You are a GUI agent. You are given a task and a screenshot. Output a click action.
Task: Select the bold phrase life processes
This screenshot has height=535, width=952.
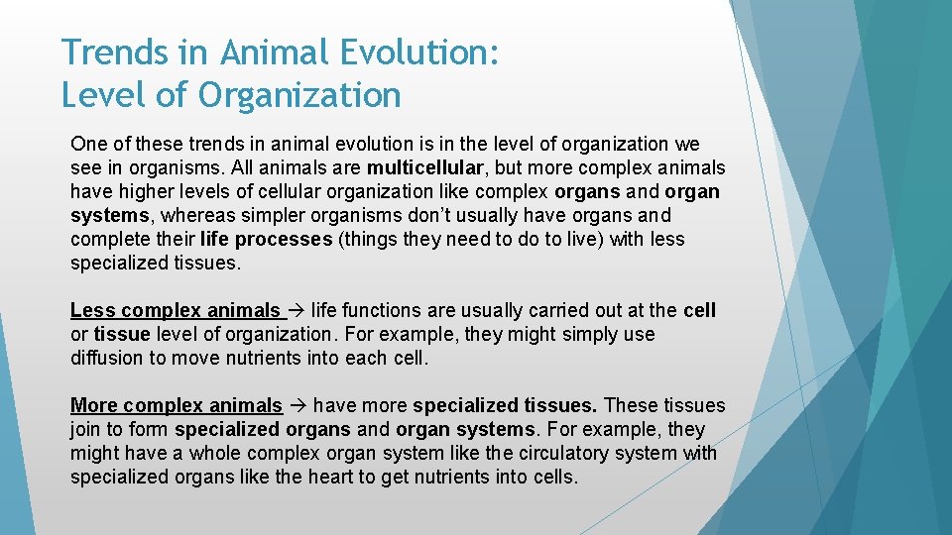coord(266,239)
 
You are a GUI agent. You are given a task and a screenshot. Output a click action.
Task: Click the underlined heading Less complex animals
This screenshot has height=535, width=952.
coord(176,311)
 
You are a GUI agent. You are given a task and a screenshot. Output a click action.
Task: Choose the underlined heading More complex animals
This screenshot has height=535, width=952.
coord(176,405)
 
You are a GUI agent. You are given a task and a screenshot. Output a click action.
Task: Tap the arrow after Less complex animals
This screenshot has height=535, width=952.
coord(297,311)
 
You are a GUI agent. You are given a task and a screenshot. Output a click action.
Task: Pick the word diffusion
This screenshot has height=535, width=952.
coord(107,359)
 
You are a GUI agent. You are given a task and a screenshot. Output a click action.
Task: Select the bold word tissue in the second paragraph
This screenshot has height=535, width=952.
coord(121,335)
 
